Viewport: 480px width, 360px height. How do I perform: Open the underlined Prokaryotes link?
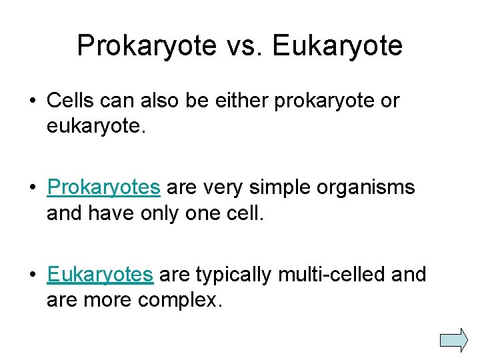[x=103, y=188]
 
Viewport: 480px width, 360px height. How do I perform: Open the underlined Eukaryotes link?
[x=100, y=275]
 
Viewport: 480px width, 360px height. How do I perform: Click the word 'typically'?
[x=237, y=275]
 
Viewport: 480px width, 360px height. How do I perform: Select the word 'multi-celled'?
[x=338, y=275]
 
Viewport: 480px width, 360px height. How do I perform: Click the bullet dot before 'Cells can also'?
[x=32, y=101]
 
